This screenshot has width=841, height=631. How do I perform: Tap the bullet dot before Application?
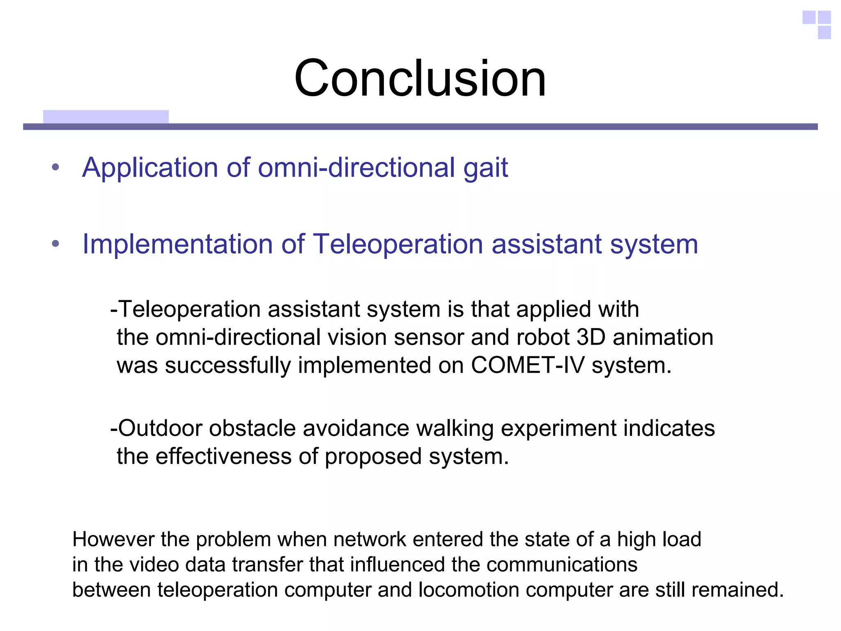pos(56,168)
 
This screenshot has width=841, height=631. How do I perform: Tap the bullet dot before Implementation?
pos(56,244)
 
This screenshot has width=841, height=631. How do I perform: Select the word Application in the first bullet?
pos(150,168)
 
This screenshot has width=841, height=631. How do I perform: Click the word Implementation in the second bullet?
pos(177,245)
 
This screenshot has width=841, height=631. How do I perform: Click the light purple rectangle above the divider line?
pos(106,117)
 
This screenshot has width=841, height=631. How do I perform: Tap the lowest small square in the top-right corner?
pos(824,32)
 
